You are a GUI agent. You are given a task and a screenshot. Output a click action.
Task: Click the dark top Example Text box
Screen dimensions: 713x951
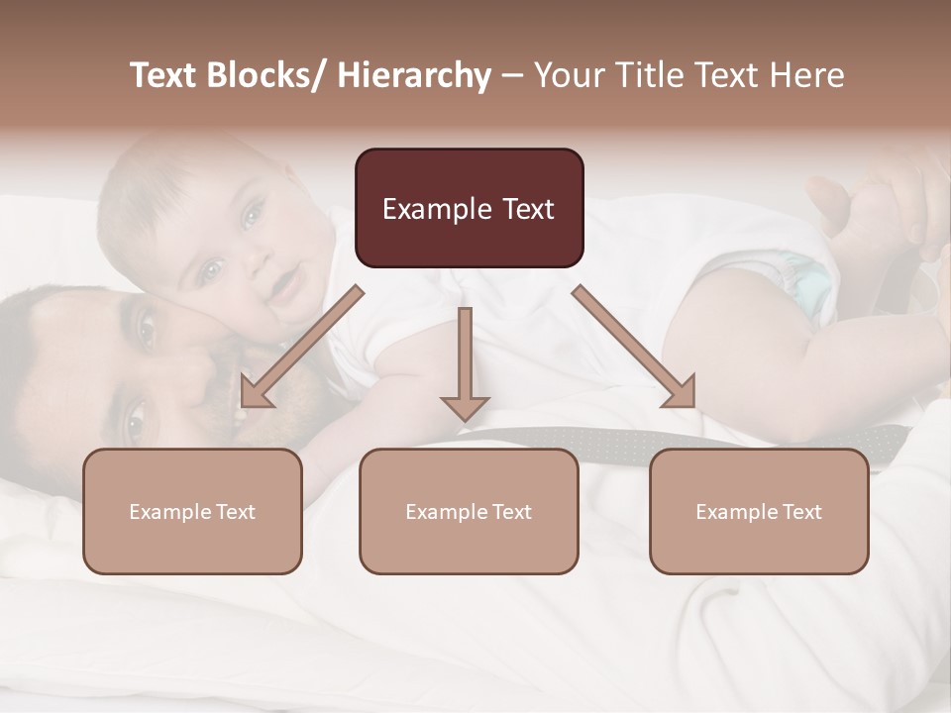coord(469,208)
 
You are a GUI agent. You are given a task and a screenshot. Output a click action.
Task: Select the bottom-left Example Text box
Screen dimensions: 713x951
coord(192,511)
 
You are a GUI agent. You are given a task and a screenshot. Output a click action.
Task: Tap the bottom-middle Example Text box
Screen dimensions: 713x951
coord(469,511)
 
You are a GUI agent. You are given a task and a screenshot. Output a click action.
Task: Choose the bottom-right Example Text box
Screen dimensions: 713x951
coord(759,511)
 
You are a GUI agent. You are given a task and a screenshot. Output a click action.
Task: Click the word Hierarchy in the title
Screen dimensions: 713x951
coord(414,75)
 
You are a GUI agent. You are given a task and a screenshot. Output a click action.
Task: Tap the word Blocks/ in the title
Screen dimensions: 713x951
coord(269,75)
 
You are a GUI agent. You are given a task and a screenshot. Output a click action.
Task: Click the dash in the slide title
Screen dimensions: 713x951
coord(512,77)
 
